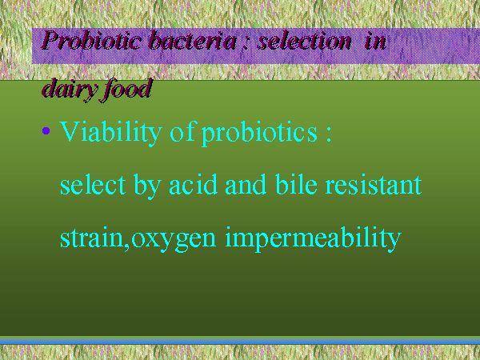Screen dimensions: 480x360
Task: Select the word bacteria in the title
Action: click(x=192, y=40)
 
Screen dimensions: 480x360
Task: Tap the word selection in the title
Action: click(x=304, y=40)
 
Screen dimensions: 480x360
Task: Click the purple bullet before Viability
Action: click(x=46, y=131)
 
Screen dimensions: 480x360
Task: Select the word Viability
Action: click(x=110, y=132)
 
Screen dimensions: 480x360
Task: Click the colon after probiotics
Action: click(x=329, y=135)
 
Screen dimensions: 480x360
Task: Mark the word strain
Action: click(x=90, y=238)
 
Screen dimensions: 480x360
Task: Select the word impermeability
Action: click(x=313, y=239)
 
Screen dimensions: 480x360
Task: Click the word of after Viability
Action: click(x=182, y=132)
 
